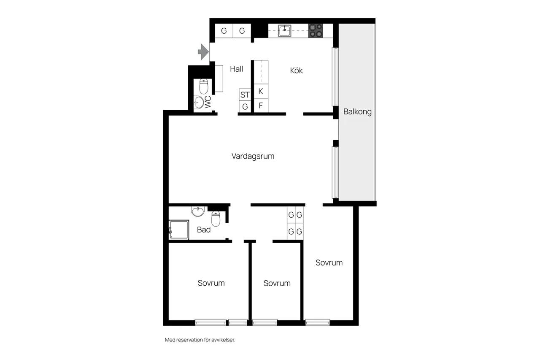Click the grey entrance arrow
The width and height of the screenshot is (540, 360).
coord(203,52)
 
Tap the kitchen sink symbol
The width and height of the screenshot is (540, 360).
coord(284,31)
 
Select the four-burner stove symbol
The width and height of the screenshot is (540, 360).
coord(316,31)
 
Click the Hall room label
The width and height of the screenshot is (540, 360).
coord(237,69)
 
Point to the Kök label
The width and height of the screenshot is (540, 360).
coord(296,70)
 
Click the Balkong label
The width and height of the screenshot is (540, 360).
coord(357,112)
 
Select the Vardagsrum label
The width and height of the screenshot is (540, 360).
coord(253,156)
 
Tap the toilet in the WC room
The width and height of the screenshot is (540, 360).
coord(204,87)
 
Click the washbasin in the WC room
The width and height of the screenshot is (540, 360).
coord(199,102)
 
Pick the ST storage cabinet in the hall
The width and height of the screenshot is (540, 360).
coord(245,95)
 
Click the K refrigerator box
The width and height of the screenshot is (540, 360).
coord(261,91)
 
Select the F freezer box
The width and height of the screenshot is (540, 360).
coord(261,106)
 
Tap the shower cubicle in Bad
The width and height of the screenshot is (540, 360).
coord(179,230)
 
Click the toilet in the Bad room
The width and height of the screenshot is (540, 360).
coord(216,219)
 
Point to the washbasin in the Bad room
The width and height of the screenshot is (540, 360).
coord(198,211)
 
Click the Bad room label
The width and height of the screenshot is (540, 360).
coord(204,230)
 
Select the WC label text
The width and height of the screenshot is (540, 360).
coord(208,102)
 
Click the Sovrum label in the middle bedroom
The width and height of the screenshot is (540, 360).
coord(277,283)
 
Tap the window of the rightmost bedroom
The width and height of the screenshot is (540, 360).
coord(318,322)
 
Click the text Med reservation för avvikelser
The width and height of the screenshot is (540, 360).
coord(200,340)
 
